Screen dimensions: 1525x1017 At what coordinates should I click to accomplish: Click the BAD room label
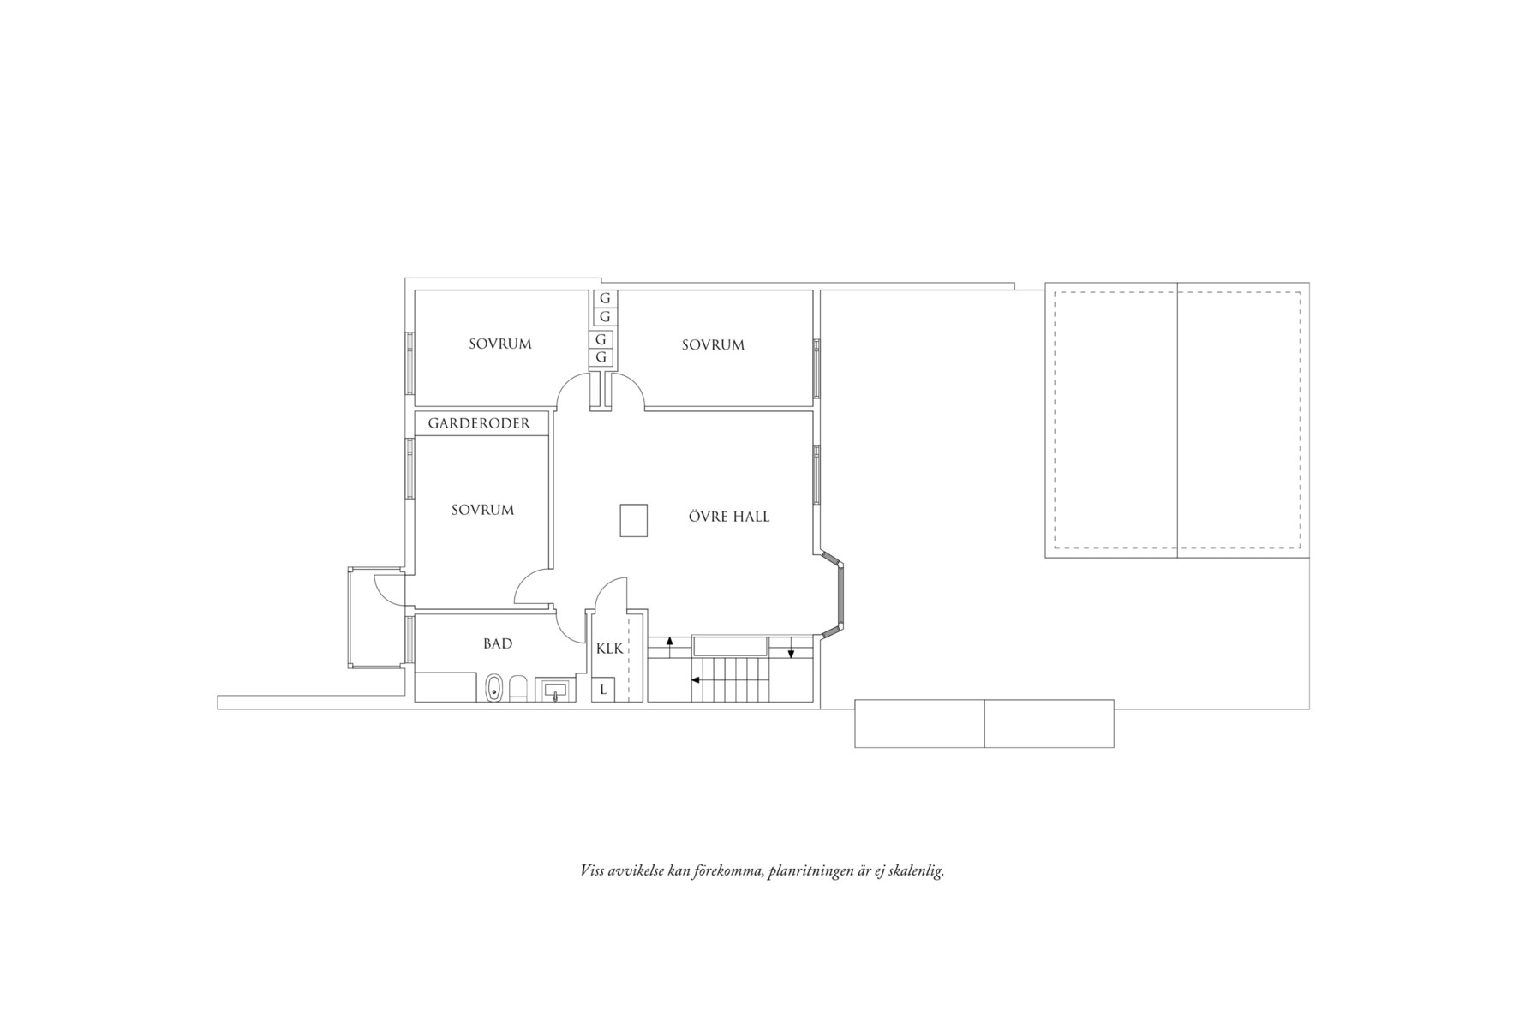498,643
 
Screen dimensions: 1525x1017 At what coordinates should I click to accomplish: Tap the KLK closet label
609,649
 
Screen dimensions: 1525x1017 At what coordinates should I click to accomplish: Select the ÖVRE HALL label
729,517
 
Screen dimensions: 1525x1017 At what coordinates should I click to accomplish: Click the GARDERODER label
479,423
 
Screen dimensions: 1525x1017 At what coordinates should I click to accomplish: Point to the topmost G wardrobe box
605,299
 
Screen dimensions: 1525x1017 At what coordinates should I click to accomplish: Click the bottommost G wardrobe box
602,357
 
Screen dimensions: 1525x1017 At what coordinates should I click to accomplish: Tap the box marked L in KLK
603,689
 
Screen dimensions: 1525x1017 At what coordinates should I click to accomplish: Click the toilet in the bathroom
518,689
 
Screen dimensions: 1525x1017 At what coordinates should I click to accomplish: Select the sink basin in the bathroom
555,690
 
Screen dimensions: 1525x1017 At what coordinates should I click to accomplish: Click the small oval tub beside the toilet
493,689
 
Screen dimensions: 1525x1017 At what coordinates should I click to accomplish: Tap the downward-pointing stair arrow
792,647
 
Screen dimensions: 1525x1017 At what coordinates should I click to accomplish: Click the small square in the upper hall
634,520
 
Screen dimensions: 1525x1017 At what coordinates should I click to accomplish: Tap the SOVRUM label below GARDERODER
483,510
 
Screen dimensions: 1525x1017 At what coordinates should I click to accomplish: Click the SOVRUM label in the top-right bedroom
713,345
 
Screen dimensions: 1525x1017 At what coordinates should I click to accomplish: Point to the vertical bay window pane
840,596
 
